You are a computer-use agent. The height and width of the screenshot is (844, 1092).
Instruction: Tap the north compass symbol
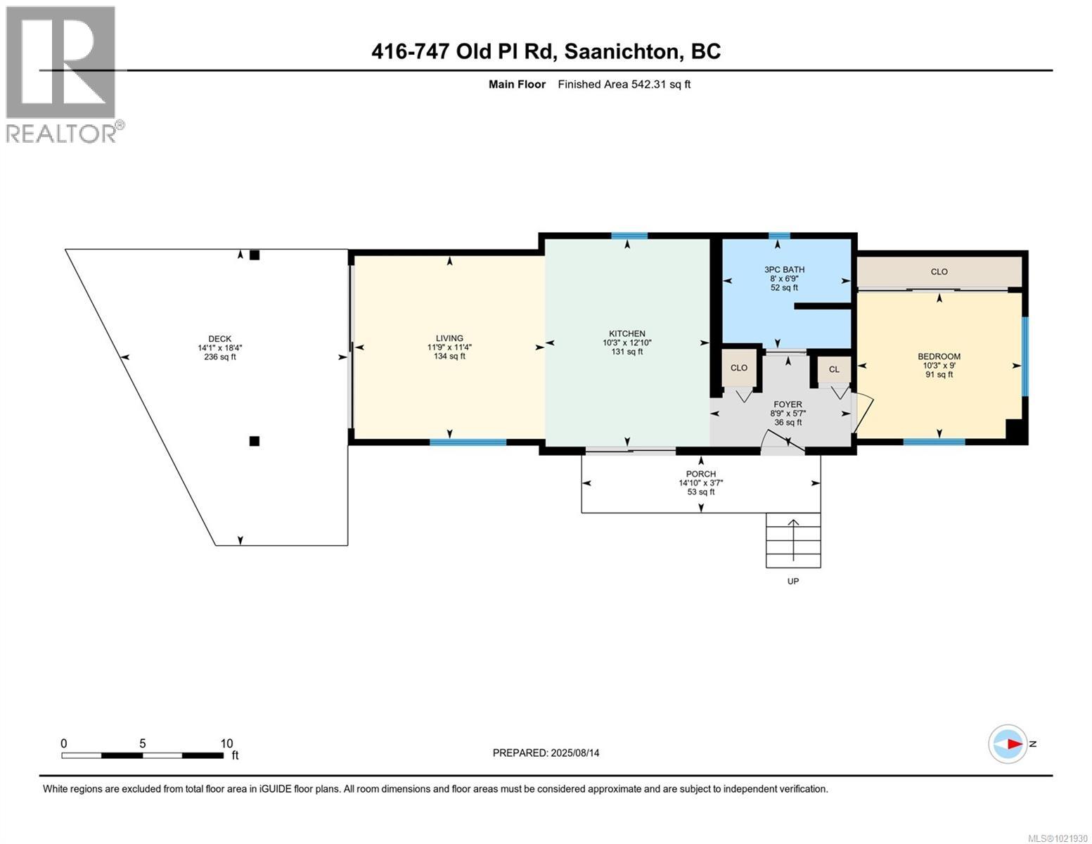(x=1008, y=743)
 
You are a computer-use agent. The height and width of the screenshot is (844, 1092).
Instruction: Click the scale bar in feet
(x=142, y=755)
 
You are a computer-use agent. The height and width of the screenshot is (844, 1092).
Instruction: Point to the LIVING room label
(x=449, y=338)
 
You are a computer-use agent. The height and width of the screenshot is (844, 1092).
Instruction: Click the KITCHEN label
(x=627, y=333)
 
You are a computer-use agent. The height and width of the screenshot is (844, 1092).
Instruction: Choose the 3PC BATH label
(x=784, y=269)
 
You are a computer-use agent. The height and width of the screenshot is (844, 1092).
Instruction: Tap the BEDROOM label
(x=939, y=357)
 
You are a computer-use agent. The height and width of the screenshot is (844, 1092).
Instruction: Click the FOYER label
(x=788, y=404)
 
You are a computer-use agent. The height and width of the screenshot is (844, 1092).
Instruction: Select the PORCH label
(x=701, y=474)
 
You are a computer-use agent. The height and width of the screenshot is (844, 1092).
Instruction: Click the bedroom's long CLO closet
(x=939, y=271)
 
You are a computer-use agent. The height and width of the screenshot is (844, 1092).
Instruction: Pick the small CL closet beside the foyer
(x=834, y=369)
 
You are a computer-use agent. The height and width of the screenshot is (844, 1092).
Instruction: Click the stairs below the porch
(x=793, y=540)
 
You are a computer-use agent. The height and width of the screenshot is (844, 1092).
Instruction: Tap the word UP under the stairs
(x=793, y=581)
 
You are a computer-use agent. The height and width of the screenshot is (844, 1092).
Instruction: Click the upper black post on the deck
(x=255, y=255)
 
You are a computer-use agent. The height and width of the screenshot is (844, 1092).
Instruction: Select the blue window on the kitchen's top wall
(x=629, y=236)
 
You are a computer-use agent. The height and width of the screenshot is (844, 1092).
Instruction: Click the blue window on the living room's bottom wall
(x=468, y=442)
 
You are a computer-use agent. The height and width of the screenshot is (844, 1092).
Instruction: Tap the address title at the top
(x=546, y=51)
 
